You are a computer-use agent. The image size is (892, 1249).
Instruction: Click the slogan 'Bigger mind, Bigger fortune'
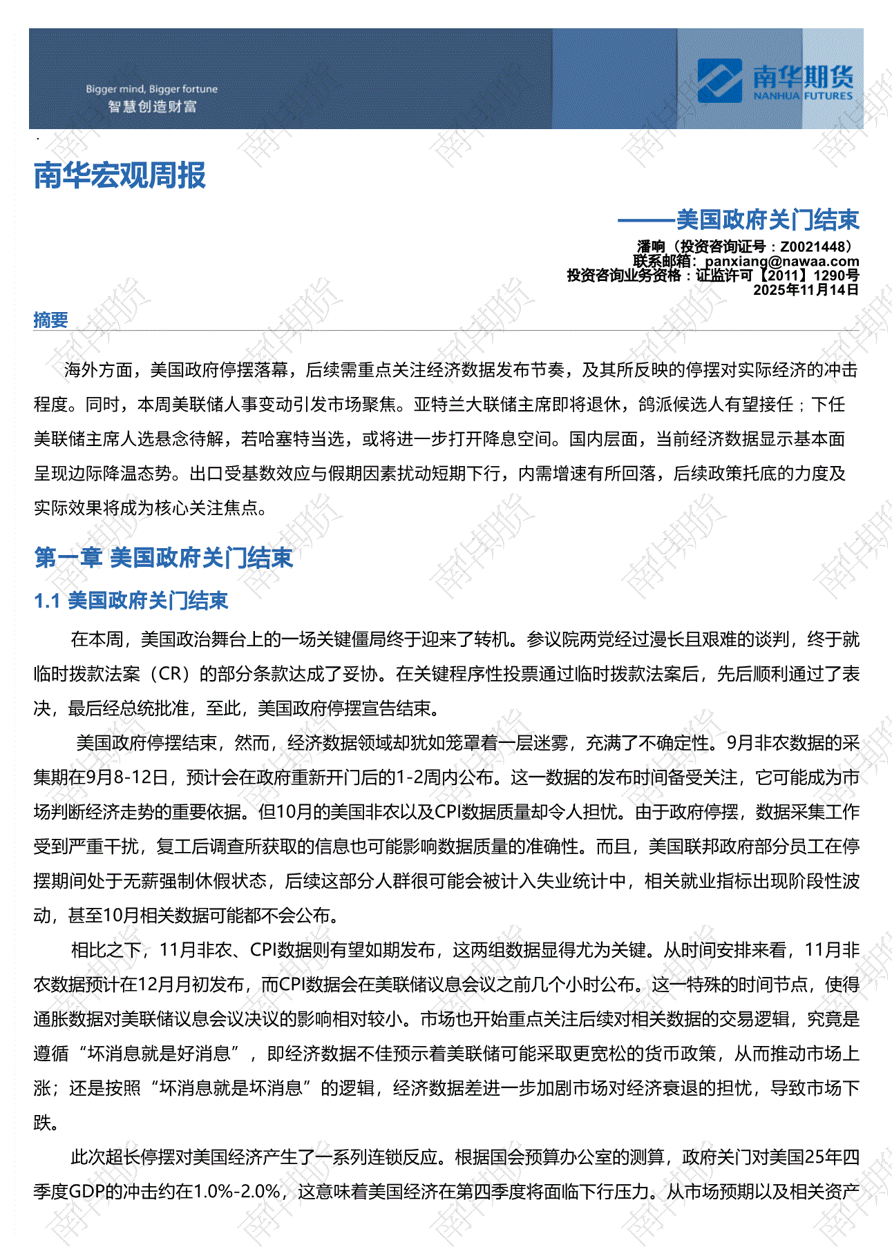pyautogui.click(x=151, y=89)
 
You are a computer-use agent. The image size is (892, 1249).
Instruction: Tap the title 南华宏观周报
pyautogui.click(x=120, y=175)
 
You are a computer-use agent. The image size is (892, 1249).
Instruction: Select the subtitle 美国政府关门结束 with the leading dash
pyautogui.click(x=738, y=220)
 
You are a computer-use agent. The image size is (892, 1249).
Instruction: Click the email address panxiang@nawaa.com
pyautogui.click(x=781, y=261)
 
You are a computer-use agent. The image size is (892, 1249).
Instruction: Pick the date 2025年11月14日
pyautogui.click(x=806, y=290)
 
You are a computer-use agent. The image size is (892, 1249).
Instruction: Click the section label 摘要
pyautogui.click(x=50, y=320)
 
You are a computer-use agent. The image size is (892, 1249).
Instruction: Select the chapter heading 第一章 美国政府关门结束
pyautogui.click(x=164, y=557)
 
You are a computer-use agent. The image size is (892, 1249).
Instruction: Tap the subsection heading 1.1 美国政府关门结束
pyautogui.click(x=131, y=601)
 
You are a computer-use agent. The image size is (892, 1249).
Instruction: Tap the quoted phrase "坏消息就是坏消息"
pyautogui.click(x=231, y=1088)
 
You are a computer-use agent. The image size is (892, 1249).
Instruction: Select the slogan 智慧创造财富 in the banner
pyautogui.click(x=152, y=106)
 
